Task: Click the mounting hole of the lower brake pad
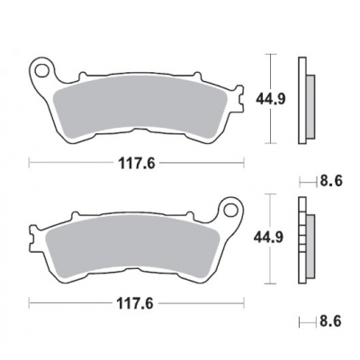coord(230,212)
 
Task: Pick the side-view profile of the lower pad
coord(307,238)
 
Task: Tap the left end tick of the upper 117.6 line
coord(30,164)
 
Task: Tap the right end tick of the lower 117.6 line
coord(243,302)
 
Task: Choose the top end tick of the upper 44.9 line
coord(271,53)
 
